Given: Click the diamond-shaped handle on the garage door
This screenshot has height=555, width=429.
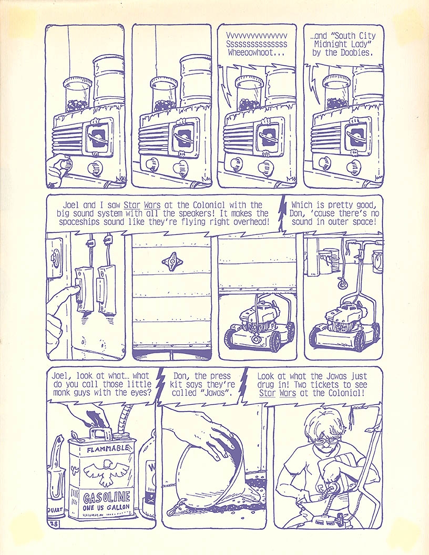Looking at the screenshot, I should coord(172,260).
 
